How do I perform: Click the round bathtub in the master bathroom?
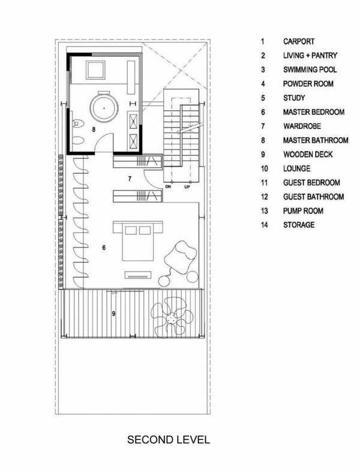point(104,107)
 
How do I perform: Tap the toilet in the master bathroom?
point(78,122)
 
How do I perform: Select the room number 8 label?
point(94,129)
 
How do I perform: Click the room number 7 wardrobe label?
point(130,179)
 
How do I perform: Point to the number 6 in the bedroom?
point(104,248)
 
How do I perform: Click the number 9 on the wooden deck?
point(113,314)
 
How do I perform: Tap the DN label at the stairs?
point(168,187)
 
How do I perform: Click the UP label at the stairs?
point(187,187)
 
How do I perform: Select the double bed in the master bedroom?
point(138,241)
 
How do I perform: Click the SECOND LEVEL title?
point(168,440)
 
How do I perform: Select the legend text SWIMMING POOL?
point(310,70)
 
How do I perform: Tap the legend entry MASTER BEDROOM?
point(314,112)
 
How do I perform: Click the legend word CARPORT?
point(299,41)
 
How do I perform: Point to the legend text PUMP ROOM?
point(303,211)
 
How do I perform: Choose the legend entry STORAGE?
point(299,225)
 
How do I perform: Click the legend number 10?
point(264,168)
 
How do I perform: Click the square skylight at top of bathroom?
point(95,70)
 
